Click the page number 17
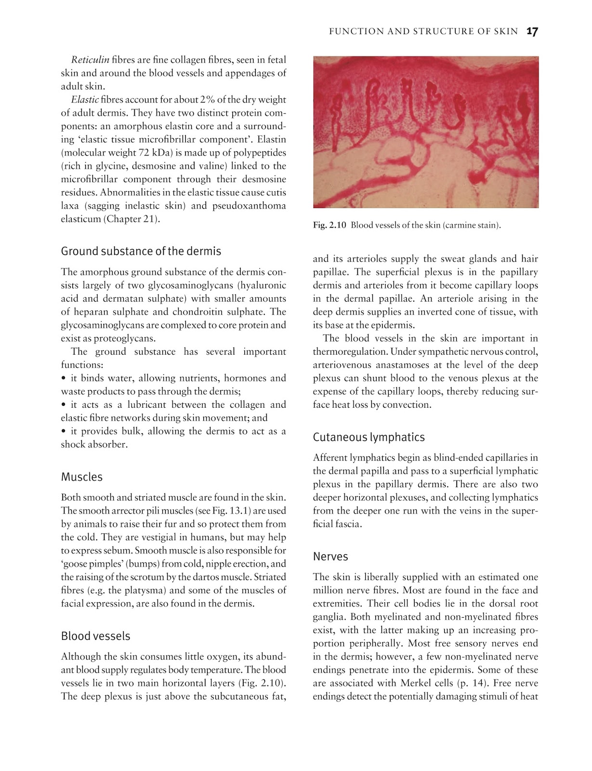[532, 32]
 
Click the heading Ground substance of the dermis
[141, 251]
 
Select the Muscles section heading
[81, 477]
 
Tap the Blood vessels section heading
[95, 636]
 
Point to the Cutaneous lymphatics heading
[368, 437]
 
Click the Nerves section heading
[330, 557]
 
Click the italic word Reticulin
[90, 60]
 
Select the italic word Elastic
[85, 100]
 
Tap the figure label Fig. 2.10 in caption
[329, 226]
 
